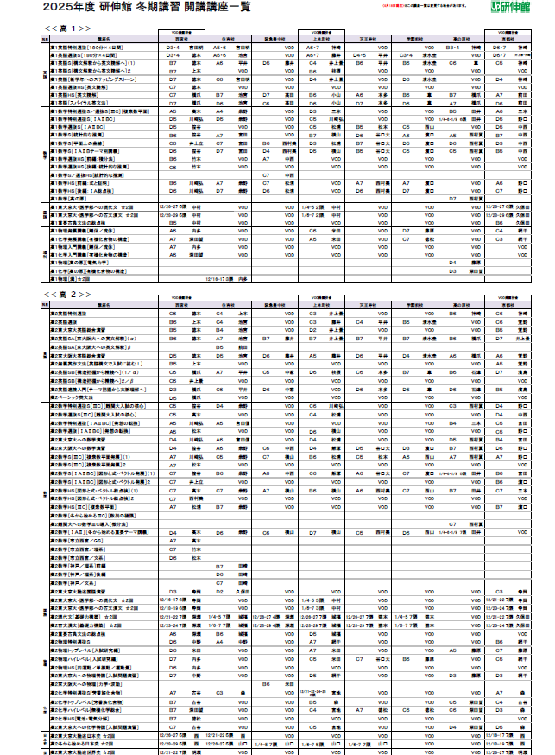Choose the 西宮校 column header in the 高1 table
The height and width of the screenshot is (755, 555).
click(x=182, y=39)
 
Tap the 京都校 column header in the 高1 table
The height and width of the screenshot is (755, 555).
click(x=510, y=39)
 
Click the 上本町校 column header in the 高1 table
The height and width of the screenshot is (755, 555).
click(x=322, y=39)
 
